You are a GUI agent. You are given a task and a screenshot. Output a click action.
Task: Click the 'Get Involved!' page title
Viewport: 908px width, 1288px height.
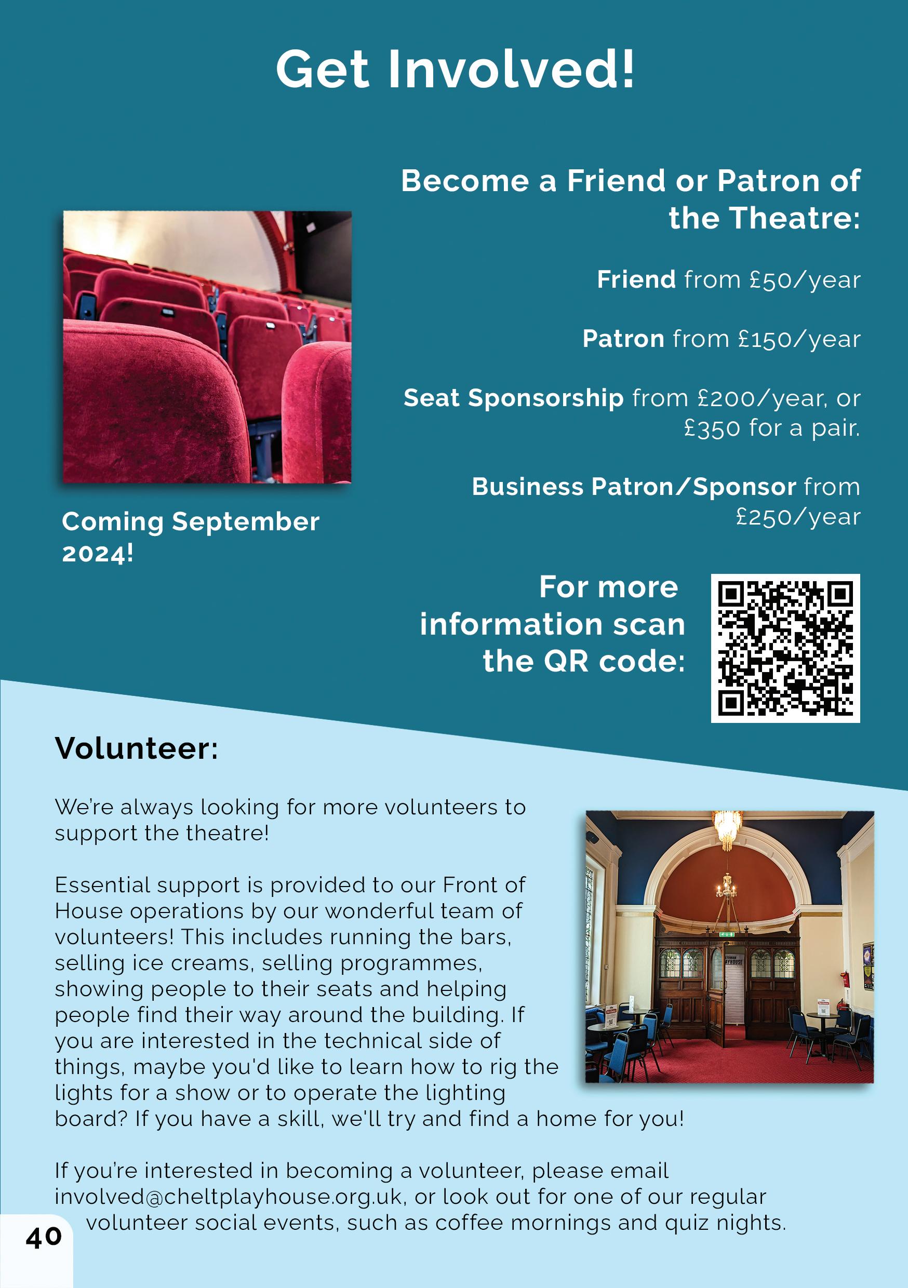tap(455, 69)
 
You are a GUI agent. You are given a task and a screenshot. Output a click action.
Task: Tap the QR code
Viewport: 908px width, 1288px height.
tap(785, 648)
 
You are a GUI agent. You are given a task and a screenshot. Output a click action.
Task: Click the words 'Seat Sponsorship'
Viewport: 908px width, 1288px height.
tap(513, 398)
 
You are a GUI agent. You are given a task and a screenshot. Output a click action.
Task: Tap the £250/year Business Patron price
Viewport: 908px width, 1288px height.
tap(797, 517)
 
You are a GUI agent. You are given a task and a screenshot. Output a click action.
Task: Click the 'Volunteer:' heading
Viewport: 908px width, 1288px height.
tap(137, 748)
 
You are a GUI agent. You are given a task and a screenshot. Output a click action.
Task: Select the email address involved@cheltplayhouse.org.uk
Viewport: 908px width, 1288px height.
tap(229, 1197)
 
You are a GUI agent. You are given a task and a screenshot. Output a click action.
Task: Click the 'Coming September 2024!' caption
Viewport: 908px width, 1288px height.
tap(190, 536)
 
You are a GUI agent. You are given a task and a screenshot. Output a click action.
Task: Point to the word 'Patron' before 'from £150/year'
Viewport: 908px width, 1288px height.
tap(623, 339)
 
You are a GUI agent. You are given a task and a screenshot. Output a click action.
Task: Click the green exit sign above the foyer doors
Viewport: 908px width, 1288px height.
tap(727, 934)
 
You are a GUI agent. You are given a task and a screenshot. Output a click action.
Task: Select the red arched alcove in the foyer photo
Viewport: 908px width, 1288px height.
tap(727, 881)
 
